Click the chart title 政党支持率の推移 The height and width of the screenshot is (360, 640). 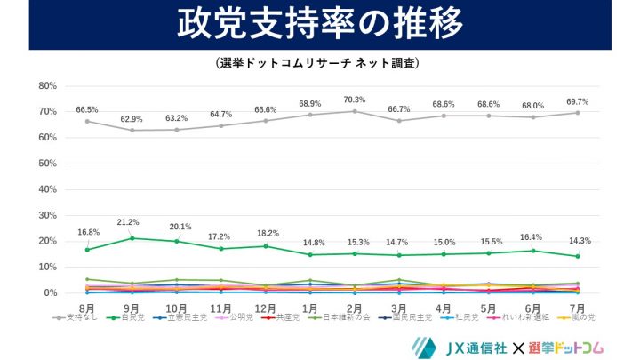point(319,25)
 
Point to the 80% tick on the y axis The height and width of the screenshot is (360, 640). point(48,86)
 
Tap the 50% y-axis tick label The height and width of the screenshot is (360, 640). point(48,164)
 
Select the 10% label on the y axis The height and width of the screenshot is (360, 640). point(48,267)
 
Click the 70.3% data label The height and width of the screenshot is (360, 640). point(354,100)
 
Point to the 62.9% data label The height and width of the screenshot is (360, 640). point(131,118)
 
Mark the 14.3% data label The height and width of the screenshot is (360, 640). point(578,241)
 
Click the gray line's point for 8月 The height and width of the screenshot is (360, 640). point(87,121)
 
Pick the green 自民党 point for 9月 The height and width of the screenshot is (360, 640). point(132,238)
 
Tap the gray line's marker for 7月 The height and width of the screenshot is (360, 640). point(578,113)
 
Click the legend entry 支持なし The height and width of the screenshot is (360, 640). point(76,316)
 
